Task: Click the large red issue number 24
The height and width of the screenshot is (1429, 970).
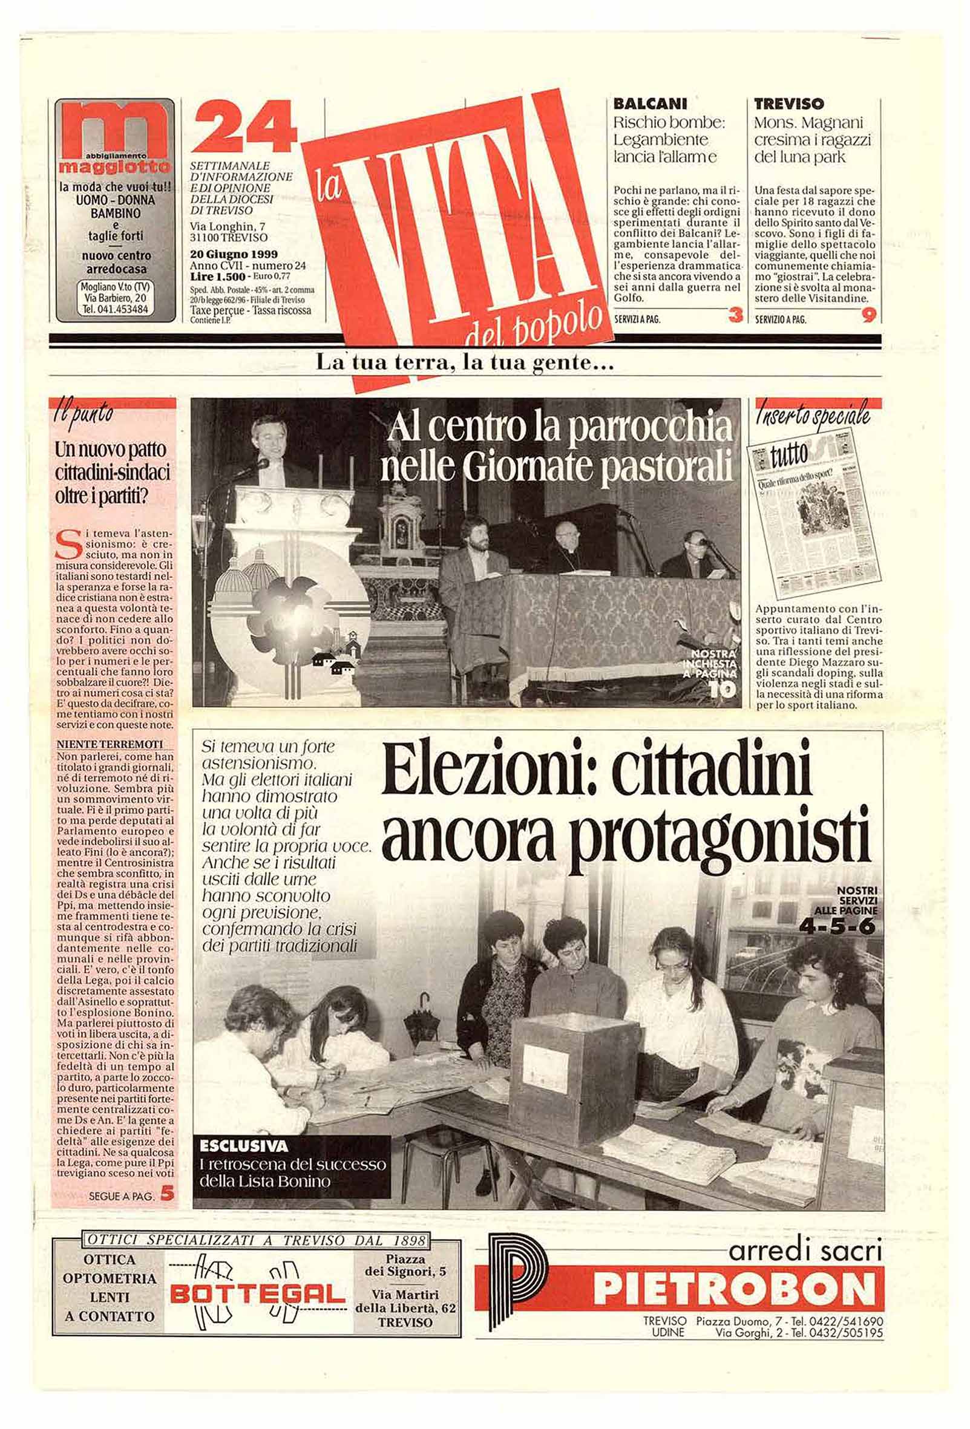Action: pyautogui.click(x=244, y=129)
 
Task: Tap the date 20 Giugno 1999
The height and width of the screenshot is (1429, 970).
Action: pyautogui.click(x=234, y=254)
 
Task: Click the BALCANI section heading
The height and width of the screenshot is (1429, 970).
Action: pyautogui.click(x=650, y=104)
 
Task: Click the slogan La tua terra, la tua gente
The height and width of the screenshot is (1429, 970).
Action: pyautogui.click(x=465, y=364)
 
